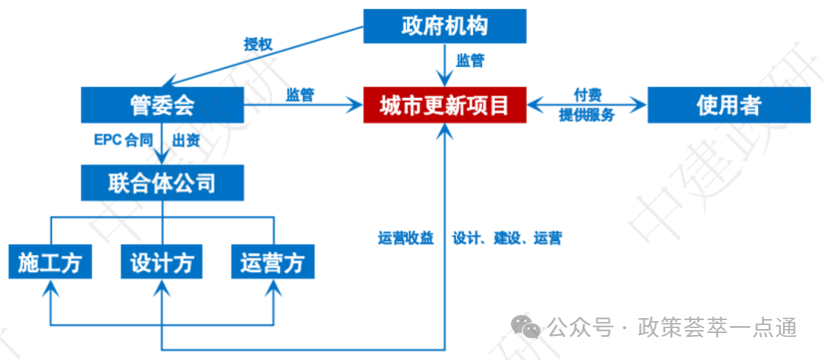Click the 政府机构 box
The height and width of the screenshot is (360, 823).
point(445,26)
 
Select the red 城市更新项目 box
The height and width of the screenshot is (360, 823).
point(445,106)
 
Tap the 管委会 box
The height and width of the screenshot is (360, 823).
point(163,106)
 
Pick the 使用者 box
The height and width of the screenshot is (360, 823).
point(729,106)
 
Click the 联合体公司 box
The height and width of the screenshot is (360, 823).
point(163,182)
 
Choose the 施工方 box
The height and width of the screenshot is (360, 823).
point(51,261)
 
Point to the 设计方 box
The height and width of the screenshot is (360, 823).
point(163,261)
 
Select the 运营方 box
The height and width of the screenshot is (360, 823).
point(273,261)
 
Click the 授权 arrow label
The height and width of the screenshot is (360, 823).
point(258,44)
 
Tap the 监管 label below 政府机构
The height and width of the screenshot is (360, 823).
point(470,61)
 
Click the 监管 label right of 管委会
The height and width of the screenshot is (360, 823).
point(300,95)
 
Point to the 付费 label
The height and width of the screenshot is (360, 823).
point(588,95)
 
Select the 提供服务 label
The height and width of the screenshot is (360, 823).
point(587,116)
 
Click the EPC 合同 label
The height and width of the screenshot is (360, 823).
point(124,141)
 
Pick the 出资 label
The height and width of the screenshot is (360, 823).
point(186,141)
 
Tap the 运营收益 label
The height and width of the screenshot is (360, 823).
point(406,238)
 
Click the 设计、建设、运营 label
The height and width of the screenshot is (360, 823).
point(507,238)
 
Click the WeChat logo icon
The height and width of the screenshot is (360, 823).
point(526,327)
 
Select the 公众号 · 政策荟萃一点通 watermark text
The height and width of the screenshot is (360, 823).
point(672,328)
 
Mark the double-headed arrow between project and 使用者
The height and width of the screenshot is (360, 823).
point(587,106)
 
